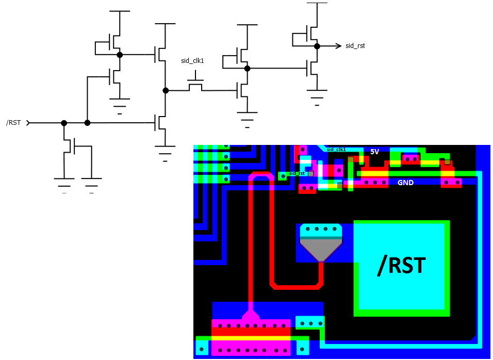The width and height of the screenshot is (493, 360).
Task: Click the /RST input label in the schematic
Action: tap(13, 122)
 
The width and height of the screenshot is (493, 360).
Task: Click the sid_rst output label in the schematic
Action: tap(355, 46)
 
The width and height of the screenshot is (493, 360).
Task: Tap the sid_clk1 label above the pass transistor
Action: tap(192, 61)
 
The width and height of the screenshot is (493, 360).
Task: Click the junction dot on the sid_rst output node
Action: tap(317, 45)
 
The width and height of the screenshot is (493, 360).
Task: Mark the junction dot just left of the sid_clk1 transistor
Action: tap(166, 90)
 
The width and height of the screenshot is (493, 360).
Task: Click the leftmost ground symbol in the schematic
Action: tap(64, 182)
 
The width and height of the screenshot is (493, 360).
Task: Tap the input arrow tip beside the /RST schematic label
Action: tap(29, 123)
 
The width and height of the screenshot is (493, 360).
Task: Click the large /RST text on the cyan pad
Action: tap(401, 265)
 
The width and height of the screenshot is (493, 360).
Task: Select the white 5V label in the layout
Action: tap(375, 152)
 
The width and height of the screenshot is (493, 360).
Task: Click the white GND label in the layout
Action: tap(405, 183)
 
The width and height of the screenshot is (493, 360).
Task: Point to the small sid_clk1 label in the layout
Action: tap(336, 150)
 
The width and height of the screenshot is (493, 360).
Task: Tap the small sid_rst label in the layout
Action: tap(297, 173)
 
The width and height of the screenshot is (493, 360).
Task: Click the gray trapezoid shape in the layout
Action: tap(321, 249)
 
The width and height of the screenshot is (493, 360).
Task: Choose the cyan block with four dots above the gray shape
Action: tap(321, 230)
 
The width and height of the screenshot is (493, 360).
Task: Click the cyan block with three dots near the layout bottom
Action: tap(310, 323)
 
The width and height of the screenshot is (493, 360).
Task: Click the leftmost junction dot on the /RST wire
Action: tap(64, 123)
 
